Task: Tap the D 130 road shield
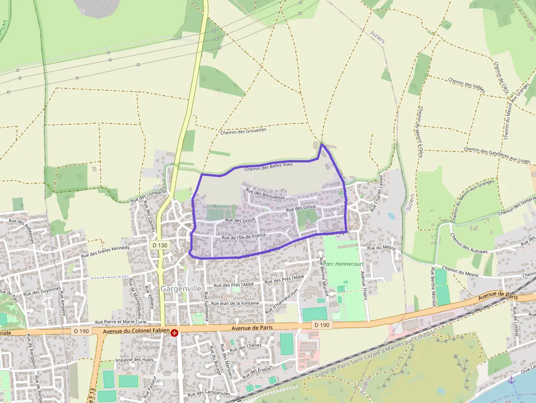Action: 160,246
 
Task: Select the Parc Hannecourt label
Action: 343,264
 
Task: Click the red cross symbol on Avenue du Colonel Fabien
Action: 174,332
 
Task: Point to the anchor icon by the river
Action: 511,379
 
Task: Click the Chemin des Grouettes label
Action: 243,131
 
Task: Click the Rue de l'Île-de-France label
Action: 243,237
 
